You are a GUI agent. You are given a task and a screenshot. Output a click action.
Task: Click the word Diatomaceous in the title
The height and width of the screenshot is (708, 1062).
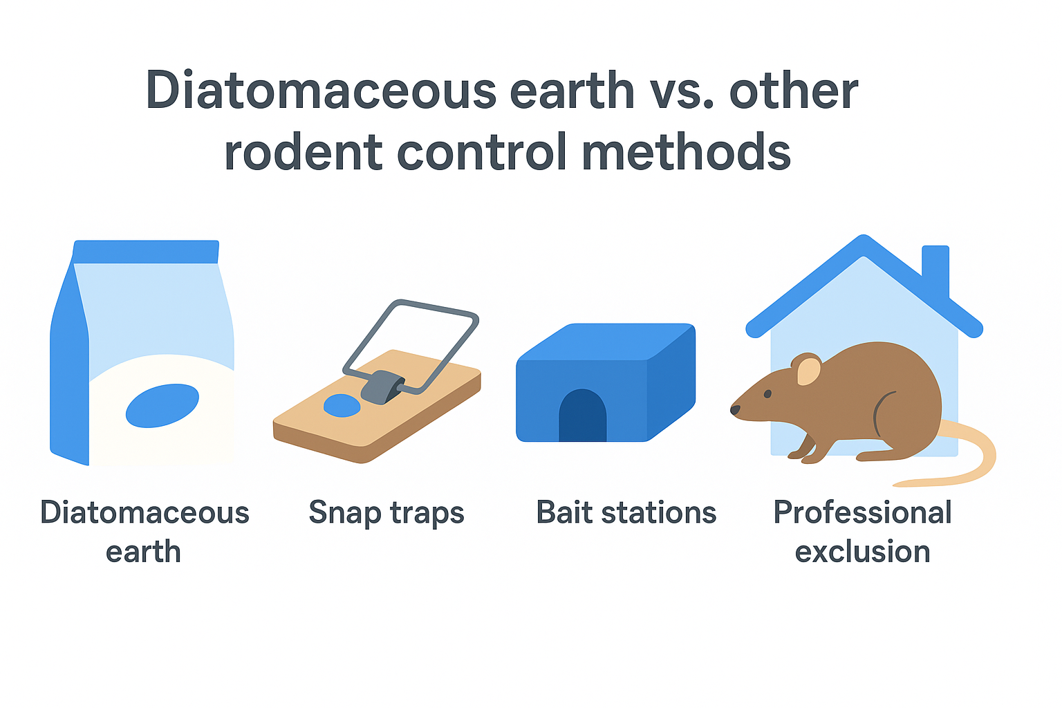(321, 90)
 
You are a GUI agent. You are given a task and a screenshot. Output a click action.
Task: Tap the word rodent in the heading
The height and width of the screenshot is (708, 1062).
(303, 151)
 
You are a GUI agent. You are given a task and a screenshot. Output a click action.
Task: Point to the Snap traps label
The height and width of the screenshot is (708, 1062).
(386, 514)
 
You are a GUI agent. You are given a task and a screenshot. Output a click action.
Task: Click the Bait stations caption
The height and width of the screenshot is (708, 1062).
(626, 512)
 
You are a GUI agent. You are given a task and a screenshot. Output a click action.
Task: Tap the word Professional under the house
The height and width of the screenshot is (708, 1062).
(862, 512)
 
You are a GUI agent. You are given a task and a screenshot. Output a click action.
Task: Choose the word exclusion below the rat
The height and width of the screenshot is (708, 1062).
(862, 551)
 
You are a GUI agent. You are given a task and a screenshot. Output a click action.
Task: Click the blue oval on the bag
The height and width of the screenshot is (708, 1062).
(162, 405)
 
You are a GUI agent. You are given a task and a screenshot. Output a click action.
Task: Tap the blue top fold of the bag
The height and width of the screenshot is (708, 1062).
(146, 252)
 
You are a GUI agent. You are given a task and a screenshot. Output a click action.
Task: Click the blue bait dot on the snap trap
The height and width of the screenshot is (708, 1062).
(342, 405)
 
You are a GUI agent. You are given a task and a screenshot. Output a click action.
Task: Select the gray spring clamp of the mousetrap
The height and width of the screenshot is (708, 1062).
(382, 387)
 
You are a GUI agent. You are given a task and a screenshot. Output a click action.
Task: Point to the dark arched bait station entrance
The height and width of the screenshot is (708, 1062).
(582, 416)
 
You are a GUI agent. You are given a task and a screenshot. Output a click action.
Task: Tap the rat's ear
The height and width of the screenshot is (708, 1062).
(808, 369)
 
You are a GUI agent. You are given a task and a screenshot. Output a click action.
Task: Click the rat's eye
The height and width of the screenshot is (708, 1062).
(767, 393)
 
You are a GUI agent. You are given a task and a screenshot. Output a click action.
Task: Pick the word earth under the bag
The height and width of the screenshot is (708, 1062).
(143, 552)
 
